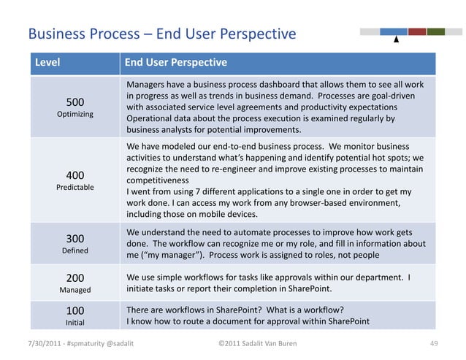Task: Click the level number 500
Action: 75,103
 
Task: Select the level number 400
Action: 75,175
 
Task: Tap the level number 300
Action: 75,239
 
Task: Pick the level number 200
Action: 75,278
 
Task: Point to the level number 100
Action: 75,310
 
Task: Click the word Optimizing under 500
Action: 75,115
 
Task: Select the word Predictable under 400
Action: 75,188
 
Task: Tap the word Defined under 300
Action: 75,250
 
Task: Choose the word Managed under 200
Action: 75,290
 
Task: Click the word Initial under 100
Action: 75,322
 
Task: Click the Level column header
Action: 45,63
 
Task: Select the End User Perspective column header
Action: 176,63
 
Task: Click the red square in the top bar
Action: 417,31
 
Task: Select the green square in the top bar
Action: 436,31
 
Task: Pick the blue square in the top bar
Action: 394,31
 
